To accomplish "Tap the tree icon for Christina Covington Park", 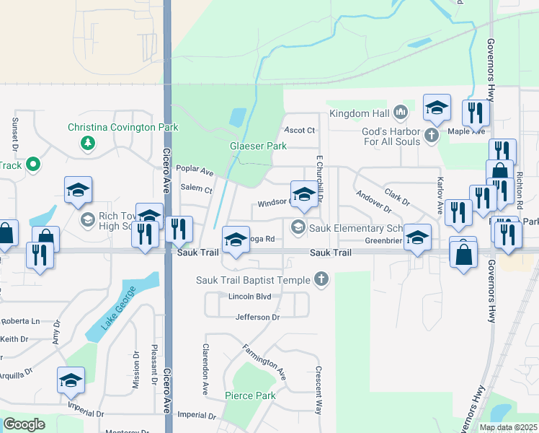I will (89, 143).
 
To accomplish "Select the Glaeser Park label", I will (258, 146).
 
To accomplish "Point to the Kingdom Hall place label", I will (359, 113).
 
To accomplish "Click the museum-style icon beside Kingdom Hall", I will (401, 113).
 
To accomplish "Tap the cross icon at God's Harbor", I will (432, 135).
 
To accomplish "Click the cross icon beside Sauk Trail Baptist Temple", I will (322, 279).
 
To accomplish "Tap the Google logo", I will (24, 424).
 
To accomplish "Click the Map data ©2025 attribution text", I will (508, 427).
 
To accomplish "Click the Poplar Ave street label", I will (195, 172).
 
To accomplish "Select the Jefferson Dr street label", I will (257, 317).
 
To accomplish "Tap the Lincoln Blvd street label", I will (249, 297).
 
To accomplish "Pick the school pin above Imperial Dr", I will (71, 380).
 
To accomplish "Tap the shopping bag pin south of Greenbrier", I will (463, 254).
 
